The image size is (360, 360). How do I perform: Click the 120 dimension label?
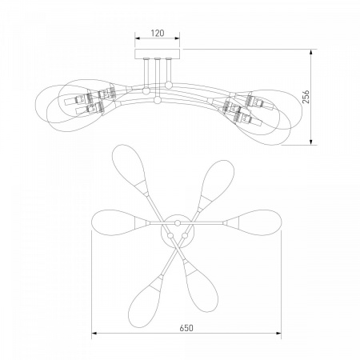click(x=158, y=34)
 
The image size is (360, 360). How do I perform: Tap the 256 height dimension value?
click(x=306, y=97)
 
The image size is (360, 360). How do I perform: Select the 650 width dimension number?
click(x=186, y=328)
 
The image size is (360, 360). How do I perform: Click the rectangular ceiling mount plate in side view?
click(x=158, y=54)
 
